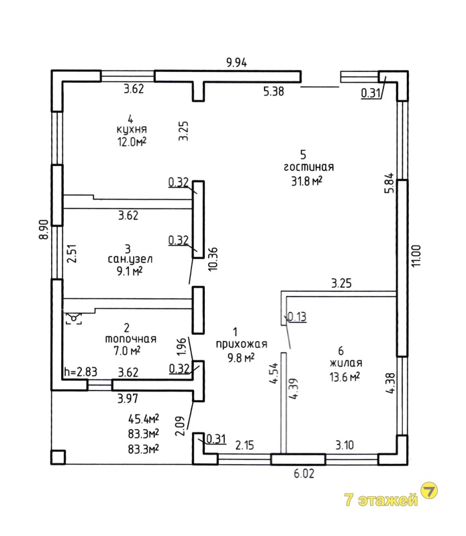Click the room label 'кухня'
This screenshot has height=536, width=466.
point(131,129)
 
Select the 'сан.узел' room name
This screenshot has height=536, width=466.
point(130,259)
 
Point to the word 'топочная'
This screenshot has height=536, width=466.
point(131,339)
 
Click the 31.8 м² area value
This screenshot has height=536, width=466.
point(304,180)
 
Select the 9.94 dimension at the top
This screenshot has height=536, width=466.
point(237,63)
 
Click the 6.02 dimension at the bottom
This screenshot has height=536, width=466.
point(304,473)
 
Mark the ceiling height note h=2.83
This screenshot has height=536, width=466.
point(81,371)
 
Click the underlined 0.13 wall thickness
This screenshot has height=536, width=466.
point(297,316)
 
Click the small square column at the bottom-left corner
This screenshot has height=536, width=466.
point(58,457)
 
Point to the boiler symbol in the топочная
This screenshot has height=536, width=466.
point(73,317)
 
